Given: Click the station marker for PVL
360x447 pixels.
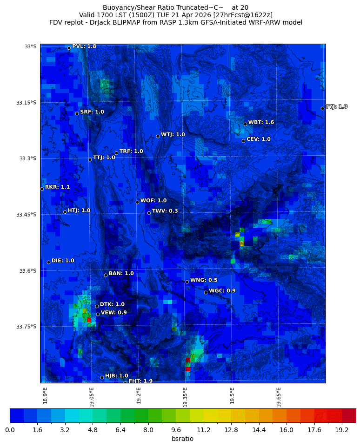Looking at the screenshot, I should pos(69,48).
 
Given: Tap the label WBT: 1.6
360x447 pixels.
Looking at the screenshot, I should pos(261,122).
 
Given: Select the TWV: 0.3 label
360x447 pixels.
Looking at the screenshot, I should pos(165,211).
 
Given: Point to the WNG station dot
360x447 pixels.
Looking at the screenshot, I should pos(187,282).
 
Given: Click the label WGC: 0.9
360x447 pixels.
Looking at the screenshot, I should pos(222,291).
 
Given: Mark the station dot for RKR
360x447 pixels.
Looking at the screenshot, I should pos(42,189).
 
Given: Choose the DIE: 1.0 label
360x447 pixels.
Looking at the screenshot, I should pos(63,261).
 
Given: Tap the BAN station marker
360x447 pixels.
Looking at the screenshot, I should pos(106,275).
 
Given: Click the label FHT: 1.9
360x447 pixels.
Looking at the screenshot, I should pos(140,381).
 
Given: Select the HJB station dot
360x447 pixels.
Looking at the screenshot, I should pos(102,377).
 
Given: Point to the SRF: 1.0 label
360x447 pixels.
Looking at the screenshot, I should pos(92,112).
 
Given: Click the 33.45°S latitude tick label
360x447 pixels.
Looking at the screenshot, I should pos(26,215).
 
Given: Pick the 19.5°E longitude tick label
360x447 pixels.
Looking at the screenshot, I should pos(232,395).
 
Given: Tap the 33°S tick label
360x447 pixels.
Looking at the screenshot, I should pos(30,46).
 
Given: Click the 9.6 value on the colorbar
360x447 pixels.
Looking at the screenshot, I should pos(176,430).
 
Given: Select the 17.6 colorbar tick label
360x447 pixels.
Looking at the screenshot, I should pos(314,430).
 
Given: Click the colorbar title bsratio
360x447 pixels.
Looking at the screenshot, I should pos(182,439).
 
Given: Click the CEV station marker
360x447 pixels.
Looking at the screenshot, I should pos(243,141).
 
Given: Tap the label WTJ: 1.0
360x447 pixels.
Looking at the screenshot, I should pos(173,134).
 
